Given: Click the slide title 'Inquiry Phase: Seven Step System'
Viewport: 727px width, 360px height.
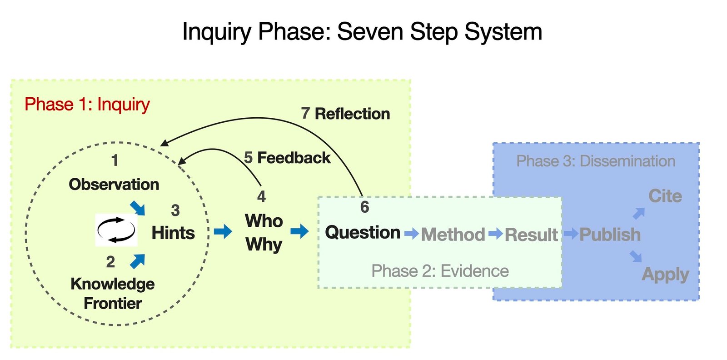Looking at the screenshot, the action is point(362,32).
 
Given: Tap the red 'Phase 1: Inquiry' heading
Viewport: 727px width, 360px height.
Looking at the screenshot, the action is point(87,105).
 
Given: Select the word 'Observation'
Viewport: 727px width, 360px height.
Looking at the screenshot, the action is point(114,185).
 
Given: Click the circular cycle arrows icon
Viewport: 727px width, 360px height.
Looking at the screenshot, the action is point(116,230).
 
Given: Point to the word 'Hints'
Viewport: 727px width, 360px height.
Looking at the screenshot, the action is point(173,233).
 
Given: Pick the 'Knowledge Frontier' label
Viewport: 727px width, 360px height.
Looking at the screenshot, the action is point(113,294).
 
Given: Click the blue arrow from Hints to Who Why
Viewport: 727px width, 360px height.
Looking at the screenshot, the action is point(223,231).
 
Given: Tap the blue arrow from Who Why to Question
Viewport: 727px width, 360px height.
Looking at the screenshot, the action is point(299,231).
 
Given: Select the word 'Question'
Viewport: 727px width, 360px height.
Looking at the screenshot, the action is point(363,233).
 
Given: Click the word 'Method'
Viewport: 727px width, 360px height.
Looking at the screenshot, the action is point(453,235).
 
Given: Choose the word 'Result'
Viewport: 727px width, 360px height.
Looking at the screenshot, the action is point(531,235).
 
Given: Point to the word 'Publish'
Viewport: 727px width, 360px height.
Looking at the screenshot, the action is point(610,235).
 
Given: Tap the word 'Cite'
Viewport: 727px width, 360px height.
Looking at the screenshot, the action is point(665,196).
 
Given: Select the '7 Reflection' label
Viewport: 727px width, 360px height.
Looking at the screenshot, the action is point(345,114).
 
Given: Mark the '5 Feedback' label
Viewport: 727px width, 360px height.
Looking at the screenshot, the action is point(287,158).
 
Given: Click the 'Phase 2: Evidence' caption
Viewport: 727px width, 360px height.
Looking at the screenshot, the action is point(440,271).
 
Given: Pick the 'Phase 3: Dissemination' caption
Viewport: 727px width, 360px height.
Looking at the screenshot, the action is point(596,161).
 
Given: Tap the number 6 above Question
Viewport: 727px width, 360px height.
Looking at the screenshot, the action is point(364,207).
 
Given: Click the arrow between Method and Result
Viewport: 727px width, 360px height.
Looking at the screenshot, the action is point(496,233).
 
